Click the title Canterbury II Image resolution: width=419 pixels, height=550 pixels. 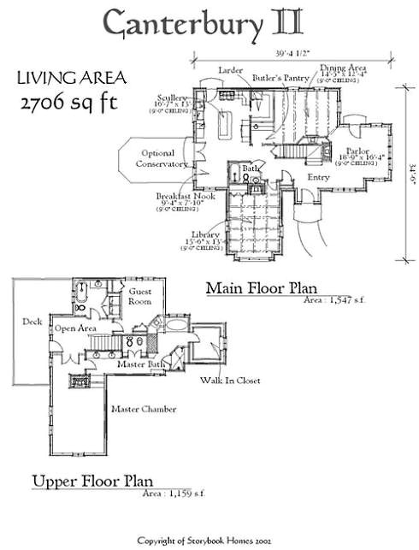[209, 28]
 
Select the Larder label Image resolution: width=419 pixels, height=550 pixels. [231, 68]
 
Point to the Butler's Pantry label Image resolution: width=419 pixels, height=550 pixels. [279, 77]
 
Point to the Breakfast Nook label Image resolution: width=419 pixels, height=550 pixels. [184, 196]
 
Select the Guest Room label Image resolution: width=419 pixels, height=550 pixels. [139, 296]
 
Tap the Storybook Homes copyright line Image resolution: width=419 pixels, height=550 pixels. [209, 541]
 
